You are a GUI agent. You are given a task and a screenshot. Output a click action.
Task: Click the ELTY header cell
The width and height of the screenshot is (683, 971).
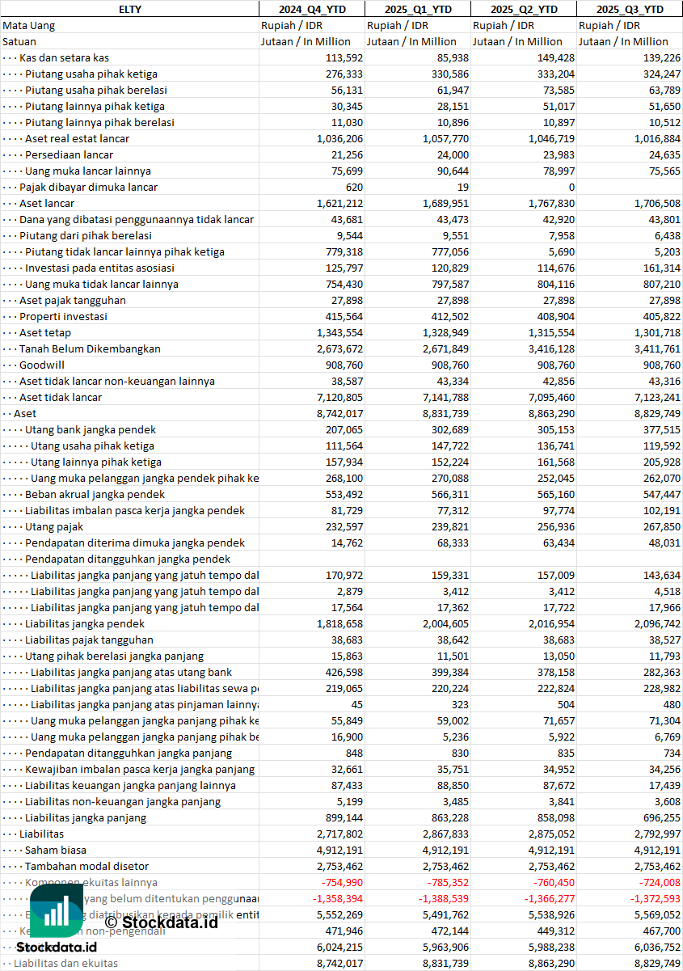[129, 9]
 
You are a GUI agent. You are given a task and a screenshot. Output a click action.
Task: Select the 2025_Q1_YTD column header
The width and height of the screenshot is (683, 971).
[417, 9]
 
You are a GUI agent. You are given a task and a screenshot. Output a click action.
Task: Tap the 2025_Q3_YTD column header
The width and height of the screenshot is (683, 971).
[630, 9]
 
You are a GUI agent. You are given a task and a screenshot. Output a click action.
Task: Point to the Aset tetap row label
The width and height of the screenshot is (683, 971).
[45, 332]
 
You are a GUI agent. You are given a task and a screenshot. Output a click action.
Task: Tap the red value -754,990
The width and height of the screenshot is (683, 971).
[342, 882]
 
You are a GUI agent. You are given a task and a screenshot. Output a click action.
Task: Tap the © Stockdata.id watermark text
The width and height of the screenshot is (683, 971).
[162, 922]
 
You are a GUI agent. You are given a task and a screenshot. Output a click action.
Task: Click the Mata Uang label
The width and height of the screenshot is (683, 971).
[29, 25]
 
